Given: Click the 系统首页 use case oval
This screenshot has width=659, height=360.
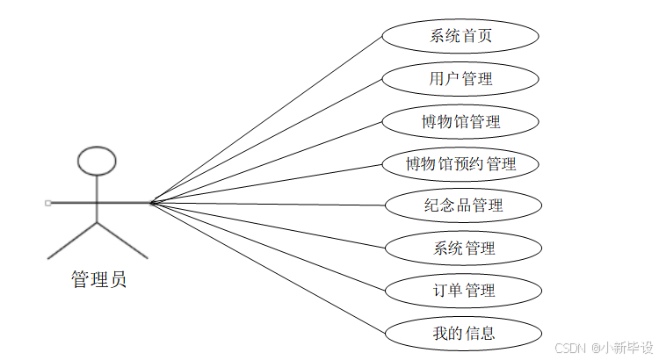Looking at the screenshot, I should [460, 37].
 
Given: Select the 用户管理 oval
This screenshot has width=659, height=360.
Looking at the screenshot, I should [460, 79].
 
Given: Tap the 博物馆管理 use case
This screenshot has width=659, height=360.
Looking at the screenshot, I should [460, 121].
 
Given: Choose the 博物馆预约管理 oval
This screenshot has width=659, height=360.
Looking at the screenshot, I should [460, 163].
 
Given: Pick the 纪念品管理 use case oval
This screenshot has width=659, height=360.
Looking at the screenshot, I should [462, 205].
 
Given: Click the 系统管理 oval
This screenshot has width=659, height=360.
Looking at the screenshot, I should [463, 248].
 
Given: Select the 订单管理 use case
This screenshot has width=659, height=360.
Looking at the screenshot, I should [463, 290].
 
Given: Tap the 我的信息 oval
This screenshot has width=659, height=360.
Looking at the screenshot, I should [463, 333].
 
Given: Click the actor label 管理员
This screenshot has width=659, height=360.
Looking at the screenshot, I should [98, 281].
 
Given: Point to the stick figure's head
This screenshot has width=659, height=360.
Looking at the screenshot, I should [97, 160].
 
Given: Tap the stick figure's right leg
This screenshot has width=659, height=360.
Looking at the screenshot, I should [122, 241].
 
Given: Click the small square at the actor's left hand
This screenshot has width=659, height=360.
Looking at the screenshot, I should [47, 203].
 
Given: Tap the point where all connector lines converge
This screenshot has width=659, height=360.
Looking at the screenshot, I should [151, 203].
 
